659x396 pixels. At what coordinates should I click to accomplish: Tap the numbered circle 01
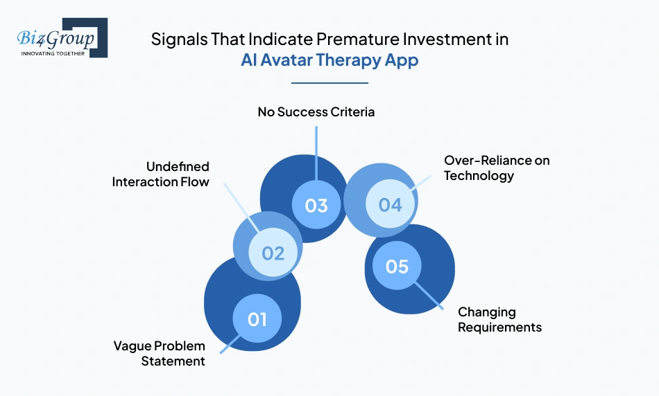click(257, 318)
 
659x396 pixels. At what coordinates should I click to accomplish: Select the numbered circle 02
click(273, 253)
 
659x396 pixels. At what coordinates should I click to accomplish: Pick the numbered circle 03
click(316, 206)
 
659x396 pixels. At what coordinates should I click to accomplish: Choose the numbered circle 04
click(390, 205)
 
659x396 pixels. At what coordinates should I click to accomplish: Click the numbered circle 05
click(397, 266)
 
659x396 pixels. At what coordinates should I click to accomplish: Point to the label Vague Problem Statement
click(160, 353)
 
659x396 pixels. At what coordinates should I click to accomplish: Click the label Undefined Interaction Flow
click(160, 174)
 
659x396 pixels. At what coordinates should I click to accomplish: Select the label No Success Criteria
click(316, 111)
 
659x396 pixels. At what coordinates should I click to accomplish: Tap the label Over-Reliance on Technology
click(496, 168)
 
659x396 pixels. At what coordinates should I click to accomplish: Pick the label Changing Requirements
click(499, 319)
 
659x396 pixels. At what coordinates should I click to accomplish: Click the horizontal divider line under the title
click(329, 83)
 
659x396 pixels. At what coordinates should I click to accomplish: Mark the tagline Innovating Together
click(53, 53)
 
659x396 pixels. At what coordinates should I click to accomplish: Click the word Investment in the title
click(443, 39)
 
